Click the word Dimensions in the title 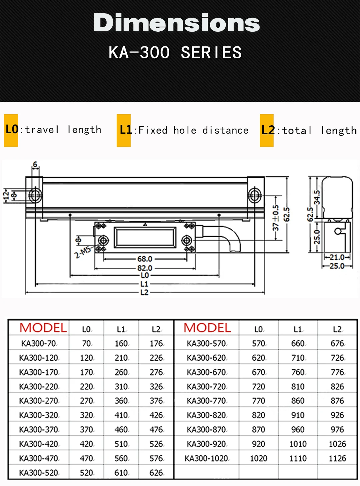(x=177, y=23)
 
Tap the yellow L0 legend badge (x=11, y=130)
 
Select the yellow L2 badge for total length (x=267, y=130)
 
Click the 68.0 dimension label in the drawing (x=145, y=259)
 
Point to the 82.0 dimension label (x=145, y=268)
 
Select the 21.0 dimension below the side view (x=337, y=257)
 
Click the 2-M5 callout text (x=82, y=252)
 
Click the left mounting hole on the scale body (x=35, y=195)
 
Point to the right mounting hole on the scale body (x=255, y=195)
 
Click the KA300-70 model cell (x=39, y=343)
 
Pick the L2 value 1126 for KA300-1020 (x=337, y=458)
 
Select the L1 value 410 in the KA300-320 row (x=121, y=415)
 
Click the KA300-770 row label (x=206, y=401)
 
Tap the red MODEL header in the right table (x=207, y=328)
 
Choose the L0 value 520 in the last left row (x=87, y=473)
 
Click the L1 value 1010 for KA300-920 (x=298, y=444)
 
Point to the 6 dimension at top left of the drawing (x=35, y=165)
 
